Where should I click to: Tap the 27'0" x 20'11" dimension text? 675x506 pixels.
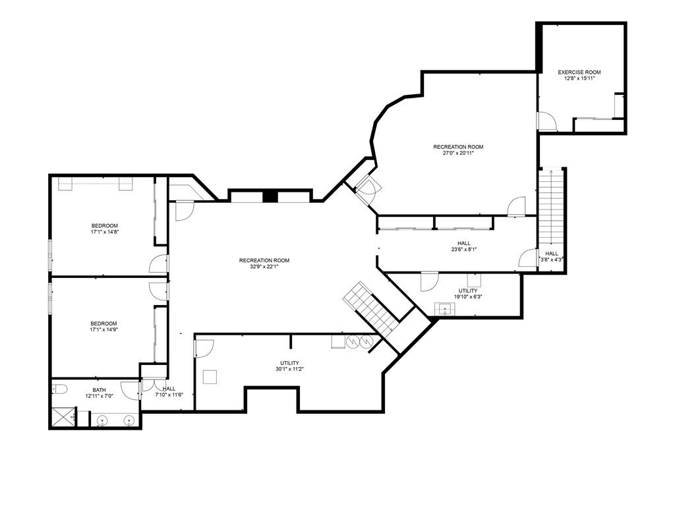(x=458, y=153)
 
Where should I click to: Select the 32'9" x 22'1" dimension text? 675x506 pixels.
(x=264, y=266)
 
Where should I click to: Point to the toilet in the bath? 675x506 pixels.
(x=59, y=389)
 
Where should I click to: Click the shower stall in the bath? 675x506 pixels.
(x=63, y=417)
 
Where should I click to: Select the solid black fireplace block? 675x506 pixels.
(x=270, y=196)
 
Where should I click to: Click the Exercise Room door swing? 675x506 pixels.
(x=547, y=121)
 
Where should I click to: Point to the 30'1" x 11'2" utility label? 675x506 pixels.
(x=290, y=366)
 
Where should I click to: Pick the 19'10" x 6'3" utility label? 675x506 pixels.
(x=467, y=293)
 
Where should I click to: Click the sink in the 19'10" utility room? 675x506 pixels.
(x=444, y=308)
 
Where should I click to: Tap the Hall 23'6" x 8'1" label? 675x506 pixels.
(x=464, y=246)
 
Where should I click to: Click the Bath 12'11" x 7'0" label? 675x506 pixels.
(x=99, y=393)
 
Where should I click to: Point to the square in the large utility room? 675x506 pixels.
(x=210, y=376)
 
